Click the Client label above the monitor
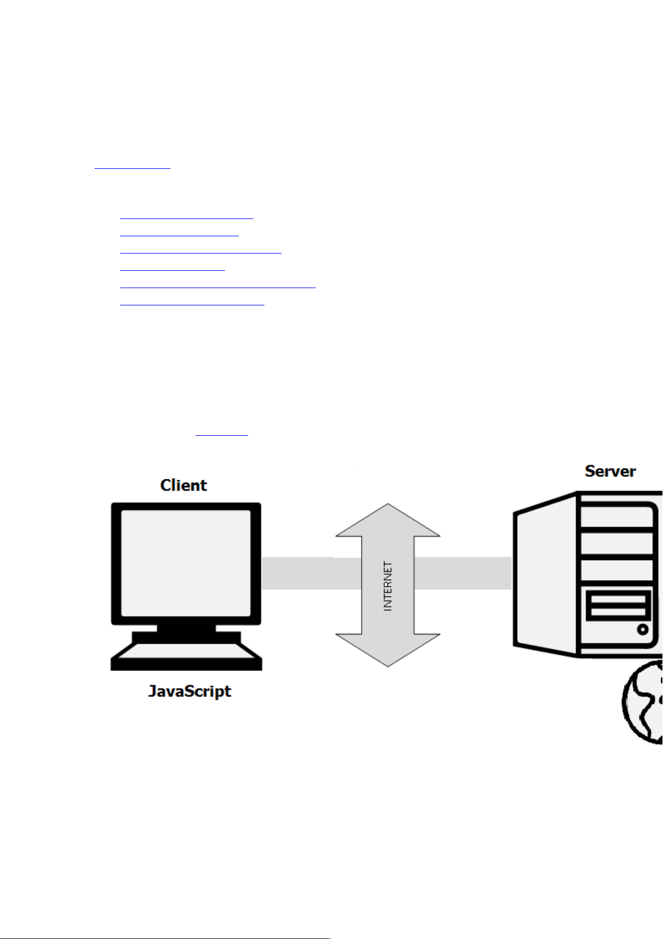183,485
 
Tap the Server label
610,471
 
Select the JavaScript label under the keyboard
189,692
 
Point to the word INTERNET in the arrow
388,586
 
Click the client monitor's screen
185,563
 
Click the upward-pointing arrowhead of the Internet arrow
388,521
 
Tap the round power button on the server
643,630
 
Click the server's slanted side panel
546,574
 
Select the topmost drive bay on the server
617,515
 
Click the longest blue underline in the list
218,288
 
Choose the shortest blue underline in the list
173,270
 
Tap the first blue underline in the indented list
186,218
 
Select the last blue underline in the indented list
192,305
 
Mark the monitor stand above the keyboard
186,629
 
